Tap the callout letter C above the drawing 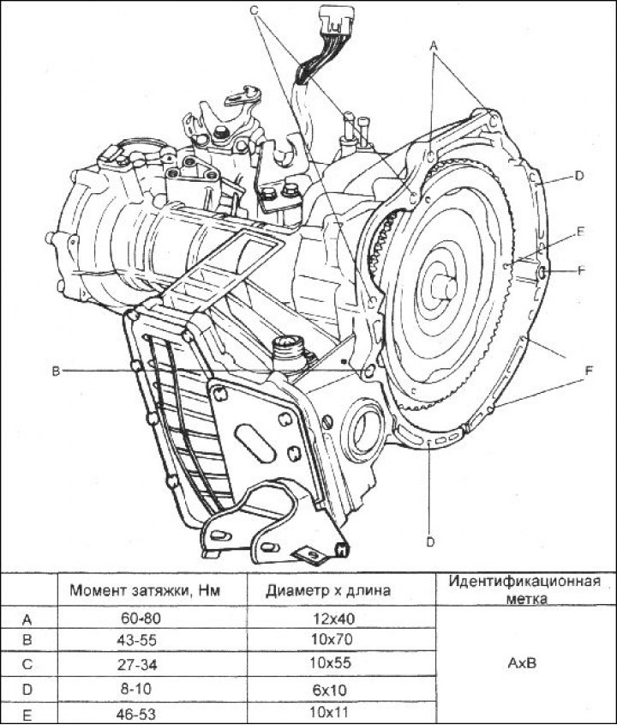[x=254, y=9]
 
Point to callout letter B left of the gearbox [x=55, y=371]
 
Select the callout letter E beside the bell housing [x=580, y=232]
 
